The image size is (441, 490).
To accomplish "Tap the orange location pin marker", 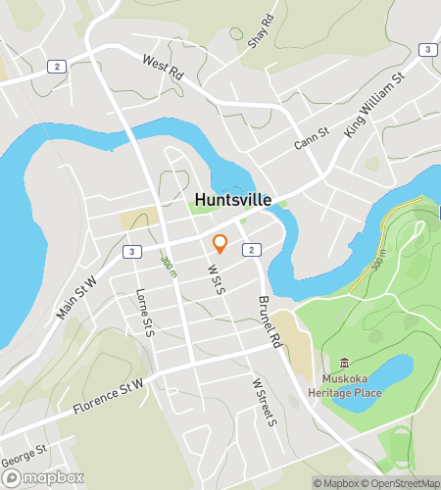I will [x=220, y=243].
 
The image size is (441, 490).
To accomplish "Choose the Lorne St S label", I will [x=146, y=313].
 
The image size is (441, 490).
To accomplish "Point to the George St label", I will [x=24, y=456].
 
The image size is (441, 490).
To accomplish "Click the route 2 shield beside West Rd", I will [x=58, y=67].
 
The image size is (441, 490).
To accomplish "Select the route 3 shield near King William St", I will [x=427, y=49].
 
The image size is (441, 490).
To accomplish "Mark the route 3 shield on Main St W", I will [x=131, y=252].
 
